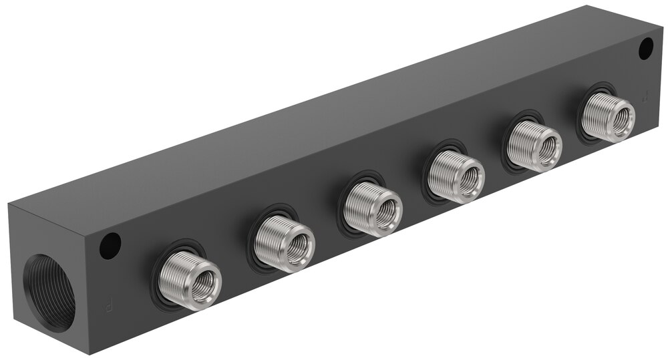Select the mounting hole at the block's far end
coord(645,48)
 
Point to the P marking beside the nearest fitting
coord(107,308)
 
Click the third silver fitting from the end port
coord(371,208)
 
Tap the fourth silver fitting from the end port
coord(455,176)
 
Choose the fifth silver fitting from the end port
coord(533,146)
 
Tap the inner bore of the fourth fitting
coord(470,180)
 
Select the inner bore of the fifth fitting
coord(548,149)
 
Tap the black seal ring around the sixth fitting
coord(581,127)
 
